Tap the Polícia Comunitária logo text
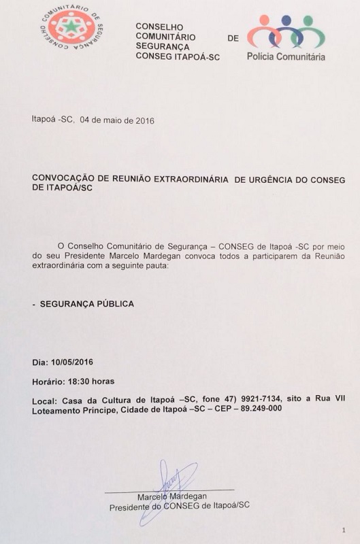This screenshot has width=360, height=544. (x=286, y=56)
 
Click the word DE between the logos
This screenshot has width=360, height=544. (x=233, y=39)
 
